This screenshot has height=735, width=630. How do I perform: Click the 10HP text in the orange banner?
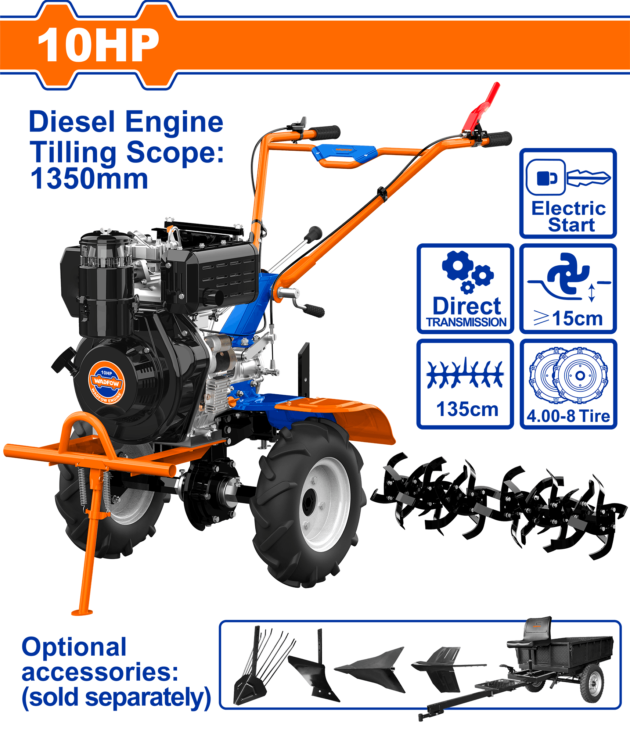tap(98, 45)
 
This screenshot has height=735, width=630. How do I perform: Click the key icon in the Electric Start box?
tap(588, 178)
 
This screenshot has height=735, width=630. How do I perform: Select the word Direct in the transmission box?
tap(467, 306)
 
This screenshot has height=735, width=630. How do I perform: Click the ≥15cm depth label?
tap(568, 318)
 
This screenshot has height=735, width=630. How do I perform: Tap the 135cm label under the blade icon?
tap(467, 409)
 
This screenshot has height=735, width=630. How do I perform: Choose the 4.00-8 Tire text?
tap(568, 416)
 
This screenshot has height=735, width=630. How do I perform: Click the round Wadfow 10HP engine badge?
tap(107, 383)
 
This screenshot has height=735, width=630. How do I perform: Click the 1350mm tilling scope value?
tap(89, 179)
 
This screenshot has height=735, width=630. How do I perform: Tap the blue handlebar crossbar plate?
tap(344, 152)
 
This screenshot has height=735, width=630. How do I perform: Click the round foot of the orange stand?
tap(82, 612)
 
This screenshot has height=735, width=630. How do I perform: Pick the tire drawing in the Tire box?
tap(568, 375)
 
